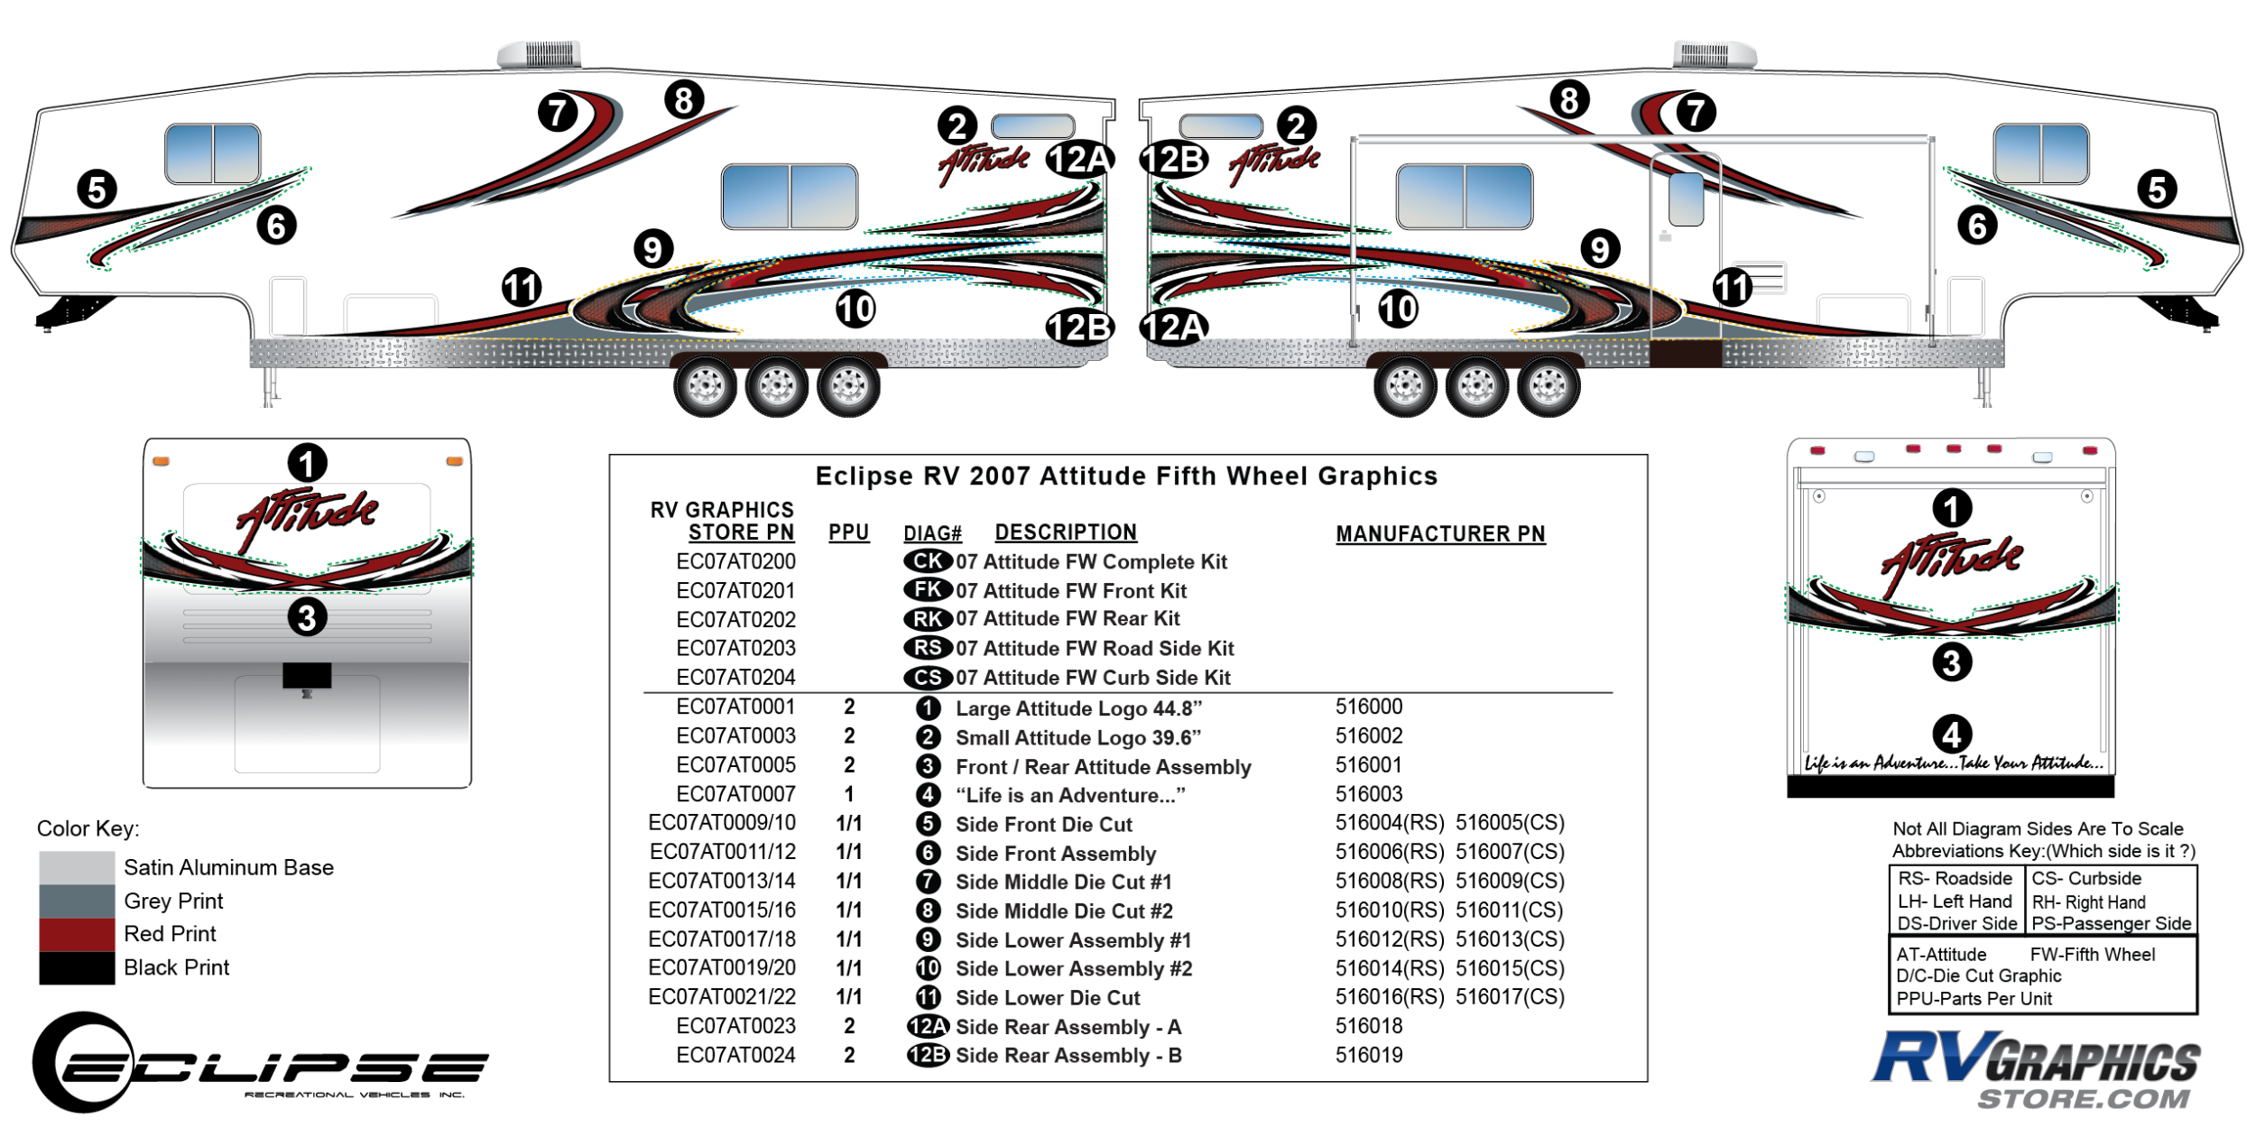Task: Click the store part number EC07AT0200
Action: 735,562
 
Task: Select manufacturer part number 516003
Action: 1369,794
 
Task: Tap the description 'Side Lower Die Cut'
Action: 1048,998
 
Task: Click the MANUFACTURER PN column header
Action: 1440,534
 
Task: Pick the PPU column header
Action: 848,532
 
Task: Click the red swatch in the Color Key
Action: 77,935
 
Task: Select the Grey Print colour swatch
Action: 77,901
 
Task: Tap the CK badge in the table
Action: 928,561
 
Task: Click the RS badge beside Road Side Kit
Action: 928,648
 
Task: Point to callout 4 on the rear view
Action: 1951,734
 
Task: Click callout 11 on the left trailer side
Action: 522,288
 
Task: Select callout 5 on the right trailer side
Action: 2157,190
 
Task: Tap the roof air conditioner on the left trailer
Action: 540,54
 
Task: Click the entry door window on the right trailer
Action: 1686,199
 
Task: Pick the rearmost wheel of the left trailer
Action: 848,386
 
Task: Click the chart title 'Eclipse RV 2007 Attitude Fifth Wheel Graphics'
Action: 1126,476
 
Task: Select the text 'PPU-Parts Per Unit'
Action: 1974,999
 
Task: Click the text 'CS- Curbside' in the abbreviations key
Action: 2086,879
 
